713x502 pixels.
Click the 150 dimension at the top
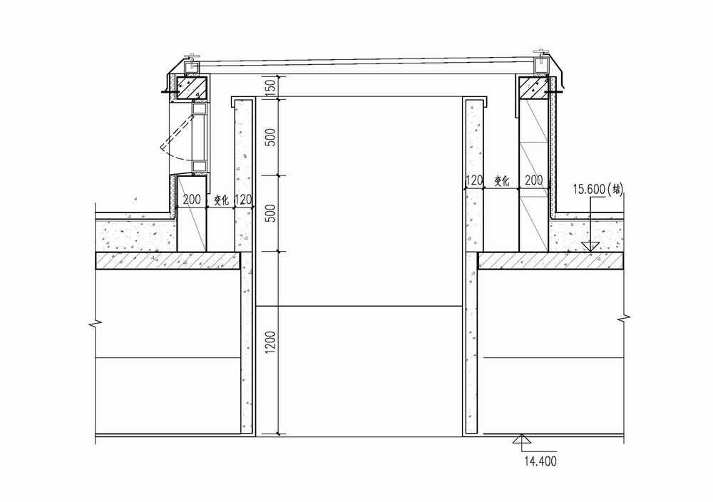click(x=270, y=86)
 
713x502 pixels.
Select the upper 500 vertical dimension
click(x=270, y=137)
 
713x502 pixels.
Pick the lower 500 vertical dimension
click(x=270, y=214)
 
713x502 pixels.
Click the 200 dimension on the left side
click(x=192, y=200)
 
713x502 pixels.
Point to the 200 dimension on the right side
click(x=533, y=181)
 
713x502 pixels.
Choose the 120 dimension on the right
click(x=475, y=181)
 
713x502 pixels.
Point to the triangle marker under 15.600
click(x=588, y=246)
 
